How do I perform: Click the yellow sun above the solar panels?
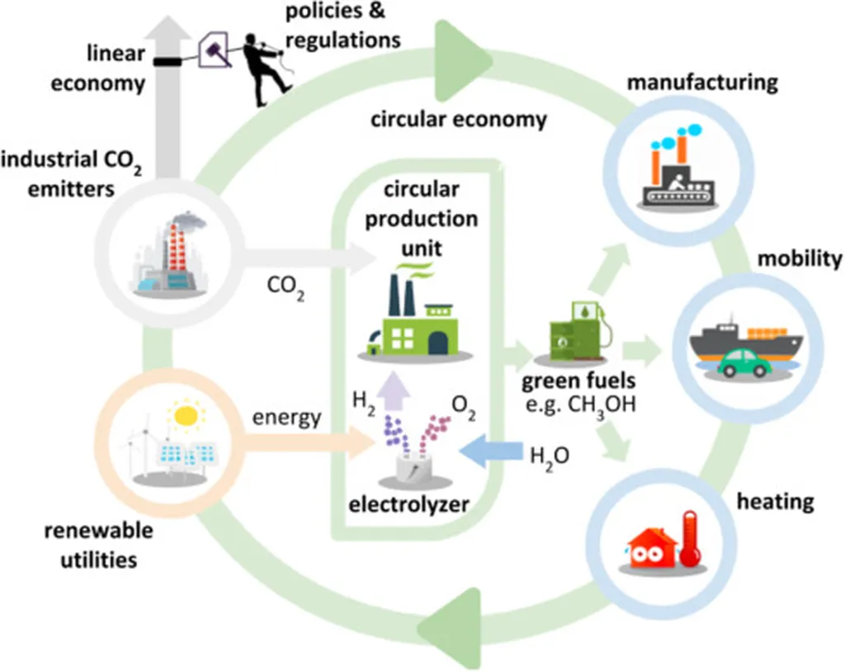click(187, 415)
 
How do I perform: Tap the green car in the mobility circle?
click(744, 362)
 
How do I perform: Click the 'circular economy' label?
click(458, 119)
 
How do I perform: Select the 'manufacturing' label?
click(701, 83)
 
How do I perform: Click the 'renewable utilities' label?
click(98, 545)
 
